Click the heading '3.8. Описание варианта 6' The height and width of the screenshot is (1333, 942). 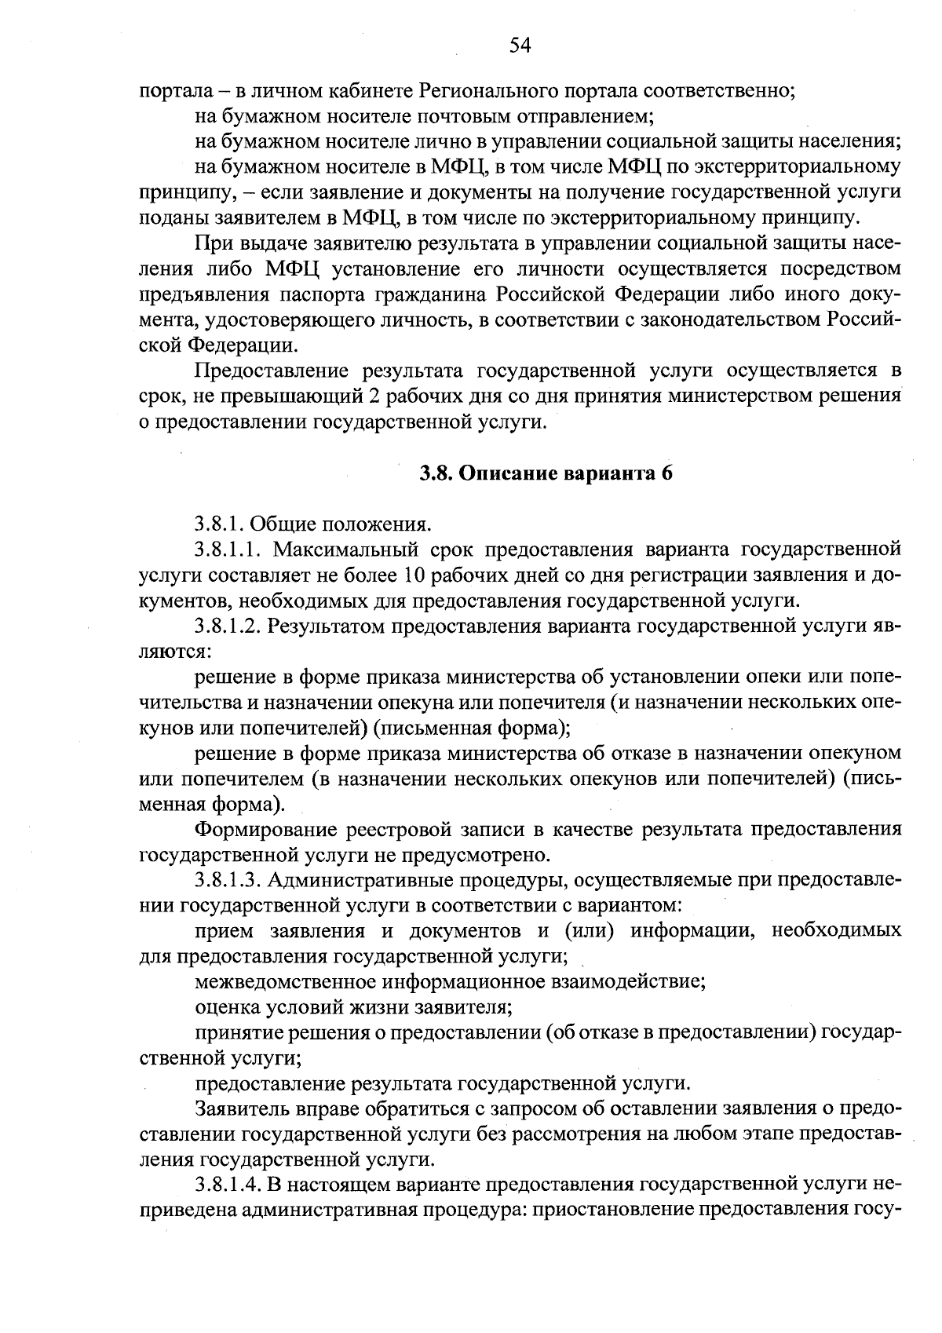coord(546,473)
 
